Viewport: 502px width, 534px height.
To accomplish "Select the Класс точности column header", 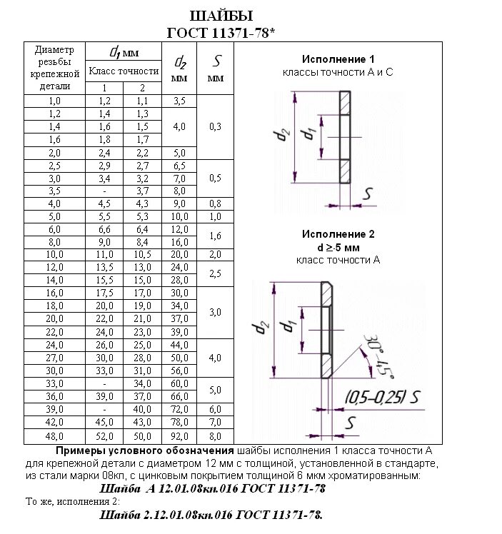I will click(123, 71).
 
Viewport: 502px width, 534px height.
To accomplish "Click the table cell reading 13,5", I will click(105, 267).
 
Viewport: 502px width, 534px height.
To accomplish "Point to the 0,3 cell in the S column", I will click(215, 126).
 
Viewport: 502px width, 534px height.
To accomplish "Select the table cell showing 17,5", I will click(105, 292).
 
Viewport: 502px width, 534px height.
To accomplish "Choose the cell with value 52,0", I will click(105, 435).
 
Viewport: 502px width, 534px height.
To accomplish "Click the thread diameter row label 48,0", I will click(54, 435).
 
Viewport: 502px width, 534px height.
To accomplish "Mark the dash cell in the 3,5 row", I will click(105, 191).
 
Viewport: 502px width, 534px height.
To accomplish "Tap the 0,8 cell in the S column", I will click(215, 203).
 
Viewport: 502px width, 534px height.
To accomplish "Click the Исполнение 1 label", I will click(338, 59).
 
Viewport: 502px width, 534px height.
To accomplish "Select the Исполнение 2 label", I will click(338, 234).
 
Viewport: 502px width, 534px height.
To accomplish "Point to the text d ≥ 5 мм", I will click(338, 247).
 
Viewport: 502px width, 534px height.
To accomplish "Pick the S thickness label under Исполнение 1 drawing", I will click(368, 193).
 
